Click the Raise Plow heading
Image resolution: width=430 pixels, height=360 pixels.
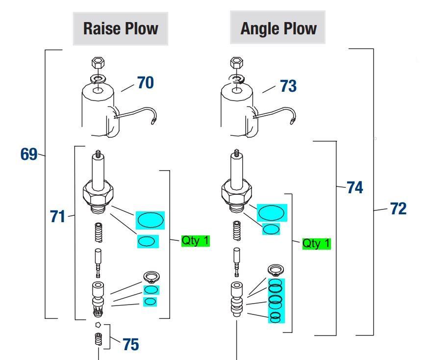click(x=121, y=28)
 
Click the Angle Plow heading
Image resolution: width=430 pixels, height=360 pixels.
click(x=278, y=28)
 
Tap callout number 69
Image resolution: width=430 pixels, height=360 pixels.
click(x=29, y=154)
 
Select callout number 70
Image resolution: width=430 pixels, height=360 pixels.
click(x=145, y=82)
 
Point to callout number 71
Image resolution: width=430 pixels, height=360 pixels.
click(x=57, y=216)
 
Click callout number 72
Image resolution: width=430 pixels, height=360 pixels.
click(x=398, y=209)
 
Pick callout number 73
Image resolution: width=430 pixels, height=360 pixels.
click(x=288, y=86)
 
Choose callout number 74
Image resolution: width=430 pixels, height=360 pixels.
click(x=355, y=187)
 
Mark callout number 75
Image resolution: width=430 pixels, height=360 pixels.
click(x=130, y=344)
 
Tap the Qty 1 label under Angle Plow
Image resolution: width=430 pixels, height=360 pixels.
click(x=316, y=243)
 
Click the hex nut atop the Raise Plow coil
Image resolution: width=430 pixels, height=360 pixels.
click(x=96, y=63)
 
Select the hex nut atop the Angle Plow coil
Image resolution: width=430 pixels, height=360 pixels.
click(x=236, y=63)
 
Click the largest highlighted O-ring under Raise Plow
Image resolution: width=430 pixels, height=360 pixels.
click(x=150, y=219)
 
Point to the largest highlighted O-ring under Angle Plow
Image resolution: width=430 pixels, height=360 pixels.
click(x=271, y=212)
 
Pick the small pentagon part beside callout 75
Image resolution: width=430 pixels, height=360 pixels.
click(x=99, y=325)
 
